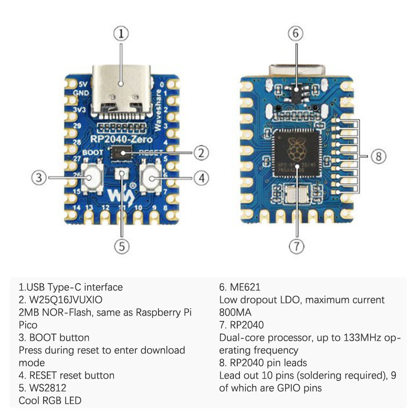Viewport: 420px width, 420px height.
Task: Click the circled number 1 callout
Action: (x=121, y=34)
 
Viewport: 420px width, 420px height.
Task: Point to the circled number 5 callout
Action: (x=121, y=246)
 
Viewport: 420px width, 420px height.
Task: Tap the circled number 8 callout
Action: (x=379, y=156)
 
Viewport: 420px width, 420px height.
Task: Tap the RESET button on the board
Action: (x=152, y=178)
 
